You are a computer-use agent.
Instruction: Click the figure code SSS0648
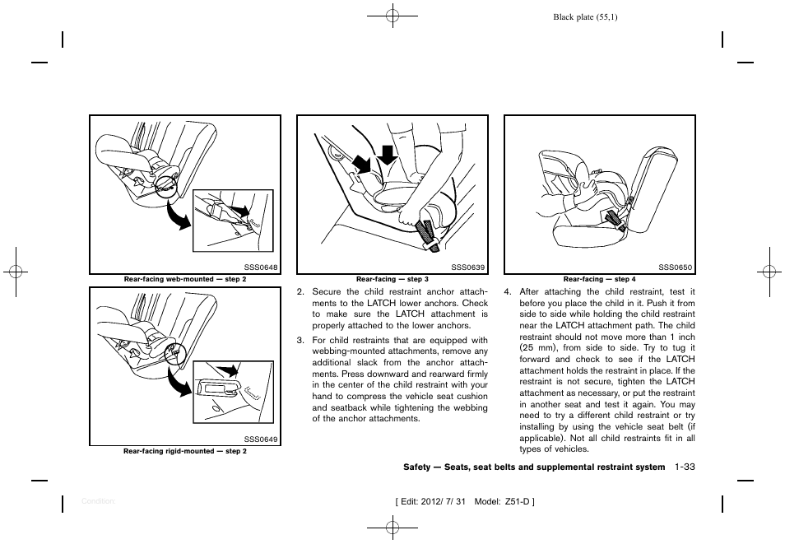262,267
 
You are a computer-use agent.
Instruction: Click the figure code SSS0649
262,439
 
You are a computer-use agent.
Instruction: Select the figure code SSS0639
468,267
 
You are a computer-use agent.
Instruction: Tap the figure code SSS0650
676,267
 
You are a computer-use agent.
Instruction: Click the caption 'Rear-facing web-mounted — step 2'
185,280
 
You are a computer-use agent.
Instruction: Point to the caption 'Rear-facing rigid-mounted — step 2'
185,451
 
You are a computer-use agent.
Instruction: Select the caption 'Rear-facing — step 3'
392,280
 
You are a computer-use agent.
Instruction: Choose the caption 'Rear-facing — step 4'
599,280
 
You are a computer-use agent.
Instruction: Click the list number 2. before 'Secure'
300,291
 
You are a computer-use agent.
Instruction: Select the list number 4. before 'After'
508,291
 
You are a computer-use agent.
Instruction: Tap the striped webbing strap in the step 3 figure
429,233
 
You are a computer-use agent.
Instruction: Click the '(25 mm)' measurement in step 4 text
536,347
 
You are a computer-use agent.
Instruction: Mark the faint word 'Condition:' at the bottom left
98,500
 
